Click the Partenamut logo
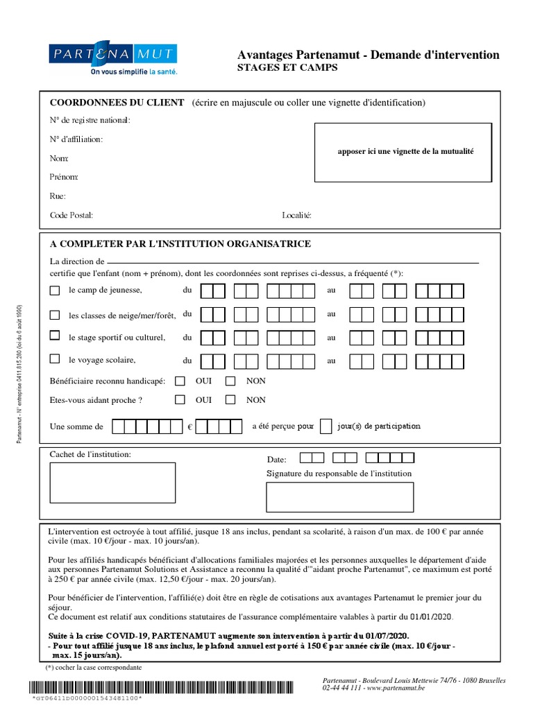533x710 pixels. [x=114, y=59]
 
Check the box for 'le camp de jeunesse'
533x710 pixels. [x=55, y=290]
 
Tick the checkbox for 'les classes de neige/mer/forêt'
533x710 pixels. [x=55, y=315]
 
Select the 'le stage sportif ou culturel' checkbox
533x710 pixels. [x=55, y=336]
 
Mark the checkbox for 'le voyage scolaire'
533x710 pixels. [x=55, y=359]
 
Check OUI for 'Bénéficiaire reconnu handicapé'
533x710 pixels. [x=180, y=381]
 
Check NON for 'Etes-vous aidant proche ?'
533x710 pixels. [x=231, y=399]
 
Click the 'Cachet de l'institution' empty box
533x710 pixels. [x=113, y=484]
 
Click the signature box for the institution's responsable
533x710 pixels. [x=339, y=496]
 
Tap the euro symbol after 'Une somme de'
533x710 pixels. [x=189, y=427]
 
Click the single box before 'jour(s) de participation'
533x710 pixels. [x=325, y=426]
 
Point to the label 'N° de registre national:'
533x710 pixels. [x=90, y=120]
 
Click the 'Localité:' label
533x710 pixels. [x=297, y=215]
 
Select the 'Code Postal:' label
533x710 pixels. [x=71, y=215]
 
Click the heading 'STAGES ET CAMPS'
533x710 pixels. [x=287, y=68]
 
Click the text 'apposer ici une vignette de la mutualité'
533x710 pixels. [x=405, y=151]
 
